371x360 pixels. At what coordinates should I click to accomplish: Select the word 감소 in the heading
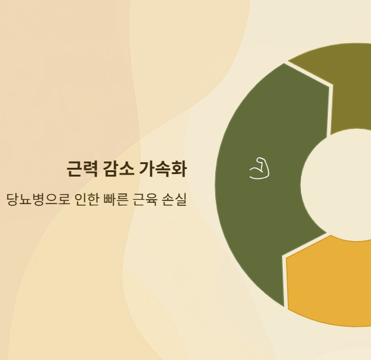click(118, 168)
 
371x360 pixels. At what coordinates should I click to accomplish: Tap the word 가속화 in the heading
click(163, 168)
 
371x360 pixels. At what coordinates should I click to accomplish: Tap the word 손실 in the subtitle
click(175, 200)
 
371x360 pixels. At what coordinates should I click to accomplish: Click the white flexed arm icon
click(259, 168)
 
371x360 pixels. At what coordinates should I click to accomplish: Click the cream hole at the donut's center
click(341, 185)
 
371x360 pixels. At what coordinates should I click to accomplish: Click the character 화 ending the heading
click(179, 168)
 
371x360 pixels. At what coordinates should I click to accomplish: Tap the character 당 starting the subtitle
click(13, 200)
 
